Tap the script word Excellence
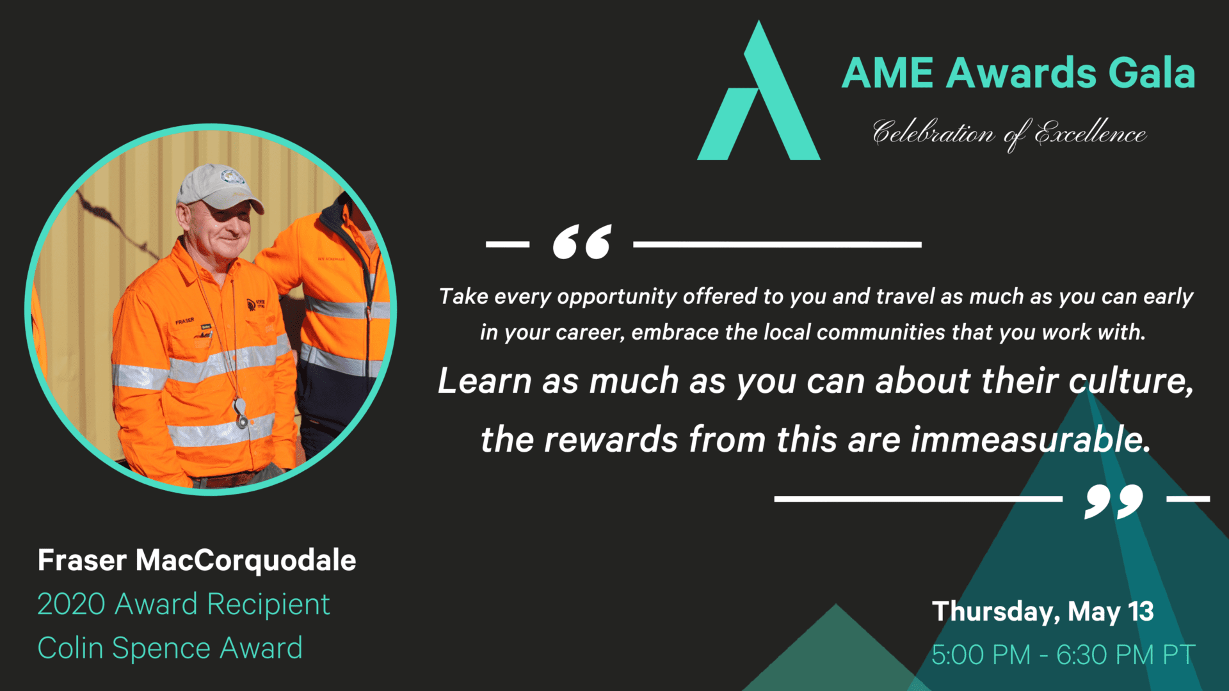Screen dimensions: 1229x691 tap(1090, 133)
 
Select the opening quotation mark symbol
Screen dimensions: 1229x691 tap(582, 242)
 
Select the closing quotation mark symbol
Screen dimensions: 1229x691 tap(1114, 501)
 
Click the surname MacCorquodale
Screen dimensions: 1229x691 tap(246, 560)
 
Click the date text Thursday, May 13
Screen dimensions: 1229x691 tap(1043, 612)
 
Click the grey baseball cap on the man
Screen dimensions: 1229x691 tap(220, 188)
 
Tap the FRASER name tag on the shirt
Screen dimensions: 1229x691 tap(185, 321)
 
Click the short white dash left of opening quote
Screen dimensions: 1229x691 tap(508, 244)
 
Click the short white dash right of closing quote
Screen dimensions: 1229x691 tap(1189, 498)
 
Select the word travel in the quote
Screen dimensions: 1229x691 tap(905, 297)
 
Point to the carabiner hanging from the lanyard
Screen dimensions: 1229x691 tap(241, 413)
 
